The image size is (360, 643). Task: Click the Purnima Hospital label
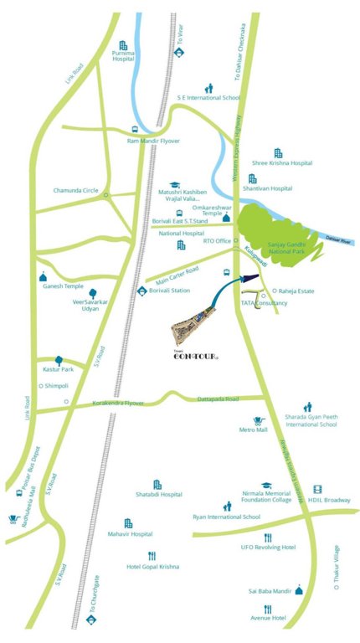(124, 57)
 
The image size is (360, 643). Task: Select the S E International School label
(208, 98)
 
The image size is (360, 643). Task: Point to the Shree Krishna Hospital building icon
(279, 152)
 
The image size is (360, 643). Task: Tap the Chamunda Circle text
(76, 190)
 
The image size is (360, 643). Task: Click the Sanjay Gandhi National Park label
(289, 249)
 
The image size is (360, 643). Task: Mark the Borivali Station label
(170, 290)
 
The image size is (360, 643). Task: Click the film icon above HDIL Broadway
(317, 489)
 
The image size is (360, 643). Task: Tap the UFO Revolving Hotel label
(267, 547)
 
